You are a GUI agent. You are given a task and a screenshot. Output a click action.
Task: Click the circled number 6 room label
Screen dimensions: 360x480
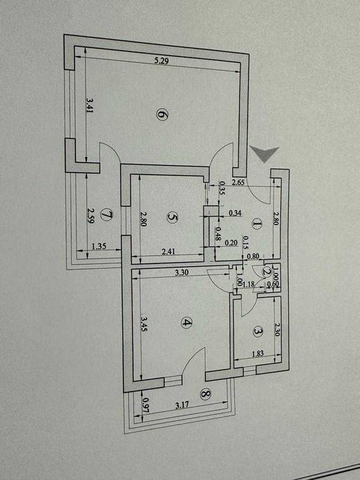pos(163,115)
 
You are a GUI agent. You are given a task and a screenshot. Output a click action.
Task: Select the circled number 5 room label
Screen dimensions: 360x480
pos(172,217)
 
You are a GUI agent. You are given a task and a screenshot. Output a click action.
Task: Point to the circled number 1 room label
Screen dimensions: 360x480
pos(256,225)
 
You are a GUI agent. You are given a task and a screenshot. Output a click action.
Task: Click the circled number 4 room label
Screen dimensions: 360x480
pos(186,322)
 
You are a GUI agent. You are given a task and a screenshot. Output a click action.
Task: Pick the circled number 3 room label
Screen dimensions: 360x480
pos(257,331)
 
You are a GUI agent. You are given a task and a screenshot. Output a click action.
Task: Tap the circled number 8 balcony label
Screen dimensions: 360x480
pos(206,394)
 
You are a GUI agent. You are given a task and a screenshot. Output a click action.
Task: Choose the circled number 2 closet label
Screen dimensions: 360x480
pos(267,271)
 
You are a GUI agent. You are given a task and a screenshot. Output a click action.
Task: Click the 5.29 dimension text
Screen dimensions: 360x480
pos(162,60)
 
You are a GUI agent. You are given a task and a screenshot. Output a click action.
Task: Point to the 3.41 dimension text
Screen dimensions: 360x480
pos(89,105)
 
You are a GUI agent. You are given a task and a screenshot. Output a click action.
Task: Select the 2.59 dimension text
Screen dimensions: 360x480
pos(91,216)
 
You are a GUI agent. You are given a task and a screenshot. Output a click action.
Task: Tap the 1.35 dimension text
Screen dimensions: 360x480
pos(99,246)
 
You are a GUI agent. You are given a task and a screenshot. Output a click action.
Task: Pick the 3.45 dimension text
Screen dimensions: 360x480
pos(143,324)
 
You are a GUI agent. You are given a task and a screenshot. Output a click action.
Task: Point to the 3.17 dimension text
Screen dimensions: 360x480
pos(182,405)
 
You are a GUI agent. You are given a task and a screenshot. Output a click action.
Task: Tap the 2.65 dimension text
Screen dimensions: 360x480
pos(238,183)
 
